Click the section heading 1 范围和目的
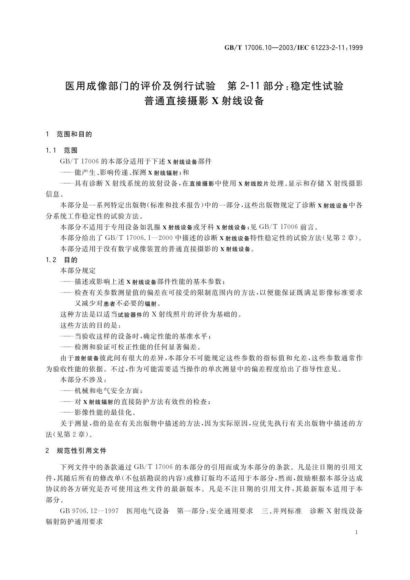[69, 134]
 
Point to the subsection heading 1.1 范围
[62, 151]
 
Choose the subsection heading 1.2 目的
[62, 260]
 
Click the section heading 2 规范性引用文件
[76, 451]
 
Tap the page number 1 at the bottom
[356, 532]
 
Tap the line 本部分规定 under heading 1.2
[78, 271]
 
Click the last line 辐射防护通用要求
[74, 522]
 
